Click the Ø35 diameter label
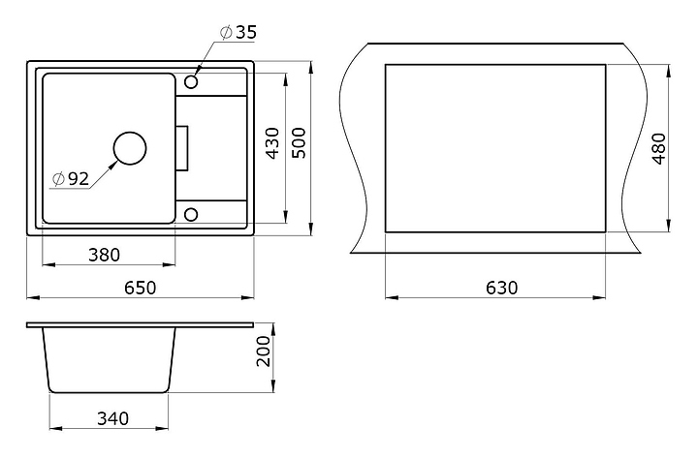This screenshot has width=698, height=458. (x=238, y=33)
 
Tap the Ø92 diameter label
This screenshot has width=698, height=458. (x=71, y=179)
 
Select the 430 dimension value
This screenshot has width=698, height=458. (x=272, y=142)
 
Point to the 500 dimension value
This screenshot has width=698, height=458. (x=299, y=142)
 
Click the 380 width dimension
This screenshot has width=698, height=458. (x=104, y=255)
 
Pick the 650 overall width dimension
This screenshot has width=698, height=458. (x=141, y=288)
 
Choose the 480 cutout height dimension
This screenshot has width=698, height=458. (x=659, y=148)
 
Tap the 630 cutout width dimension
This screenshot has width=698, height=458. (x=502, y=288)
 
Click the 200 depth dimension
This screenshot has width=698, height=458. (x=264, y=351)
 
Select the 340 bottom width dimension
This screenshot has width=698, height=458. (x=113, y=418)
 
